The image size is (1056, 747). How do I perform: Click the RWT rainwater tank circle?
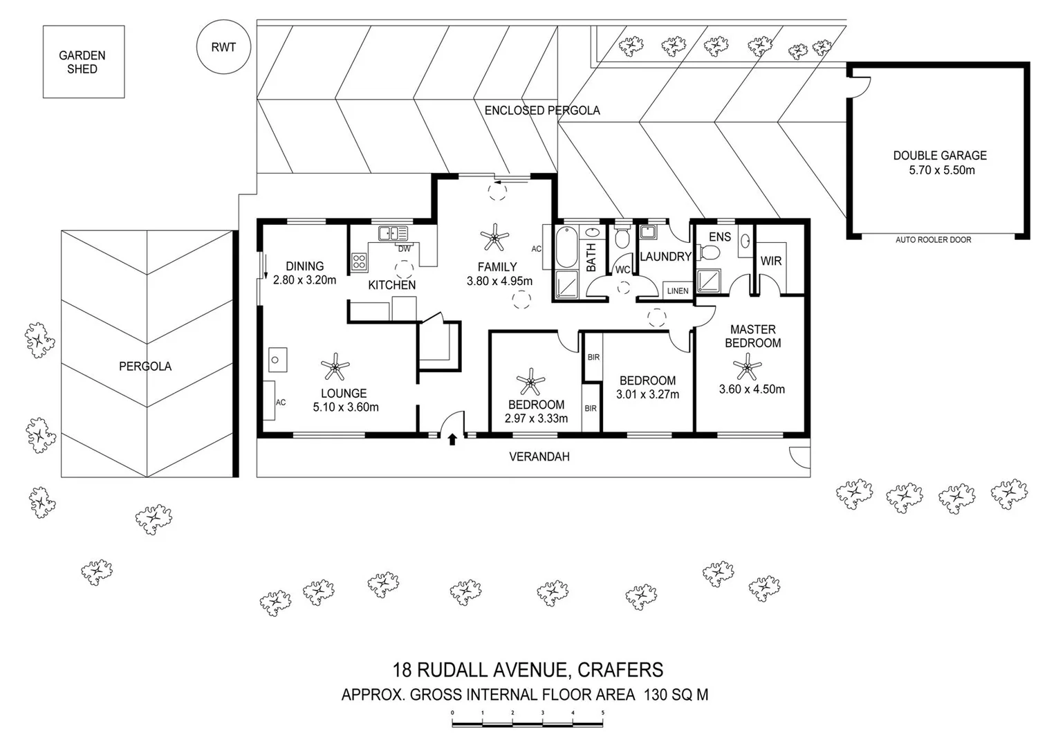223,47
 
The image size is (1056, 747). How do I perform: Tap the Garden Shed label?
82,62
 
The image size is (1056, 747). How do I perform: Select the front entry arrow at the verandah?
452,439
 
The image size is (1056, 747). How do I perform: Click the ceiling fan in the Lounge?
335,367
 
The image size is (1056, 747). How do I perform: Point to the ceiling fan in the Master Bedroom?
748,367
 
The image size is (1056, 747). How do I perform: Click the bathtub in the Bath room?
566,247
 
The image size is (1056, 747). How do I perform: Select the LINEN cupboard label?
678,291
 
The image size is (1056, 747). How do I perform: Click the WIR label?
771,261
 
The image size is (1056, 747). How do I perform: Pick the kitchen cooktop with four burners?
359,261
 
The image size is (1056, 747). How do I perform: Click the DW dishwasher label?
404,249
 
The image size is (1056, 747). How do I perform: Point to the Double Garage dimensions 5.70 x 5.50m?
942,170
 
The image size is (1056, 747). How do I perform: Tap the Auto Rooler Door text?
934,239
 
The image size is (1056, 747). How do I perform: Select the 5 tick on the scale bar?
602,713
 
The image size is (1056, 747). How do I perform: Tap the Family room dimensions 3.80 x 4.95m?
500,281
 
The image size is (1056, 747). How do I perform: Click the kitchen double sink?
393,233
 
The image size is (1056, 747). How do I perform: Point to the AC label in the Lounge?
281,403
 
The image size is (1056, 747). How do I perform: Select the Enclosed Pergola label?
542,111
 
